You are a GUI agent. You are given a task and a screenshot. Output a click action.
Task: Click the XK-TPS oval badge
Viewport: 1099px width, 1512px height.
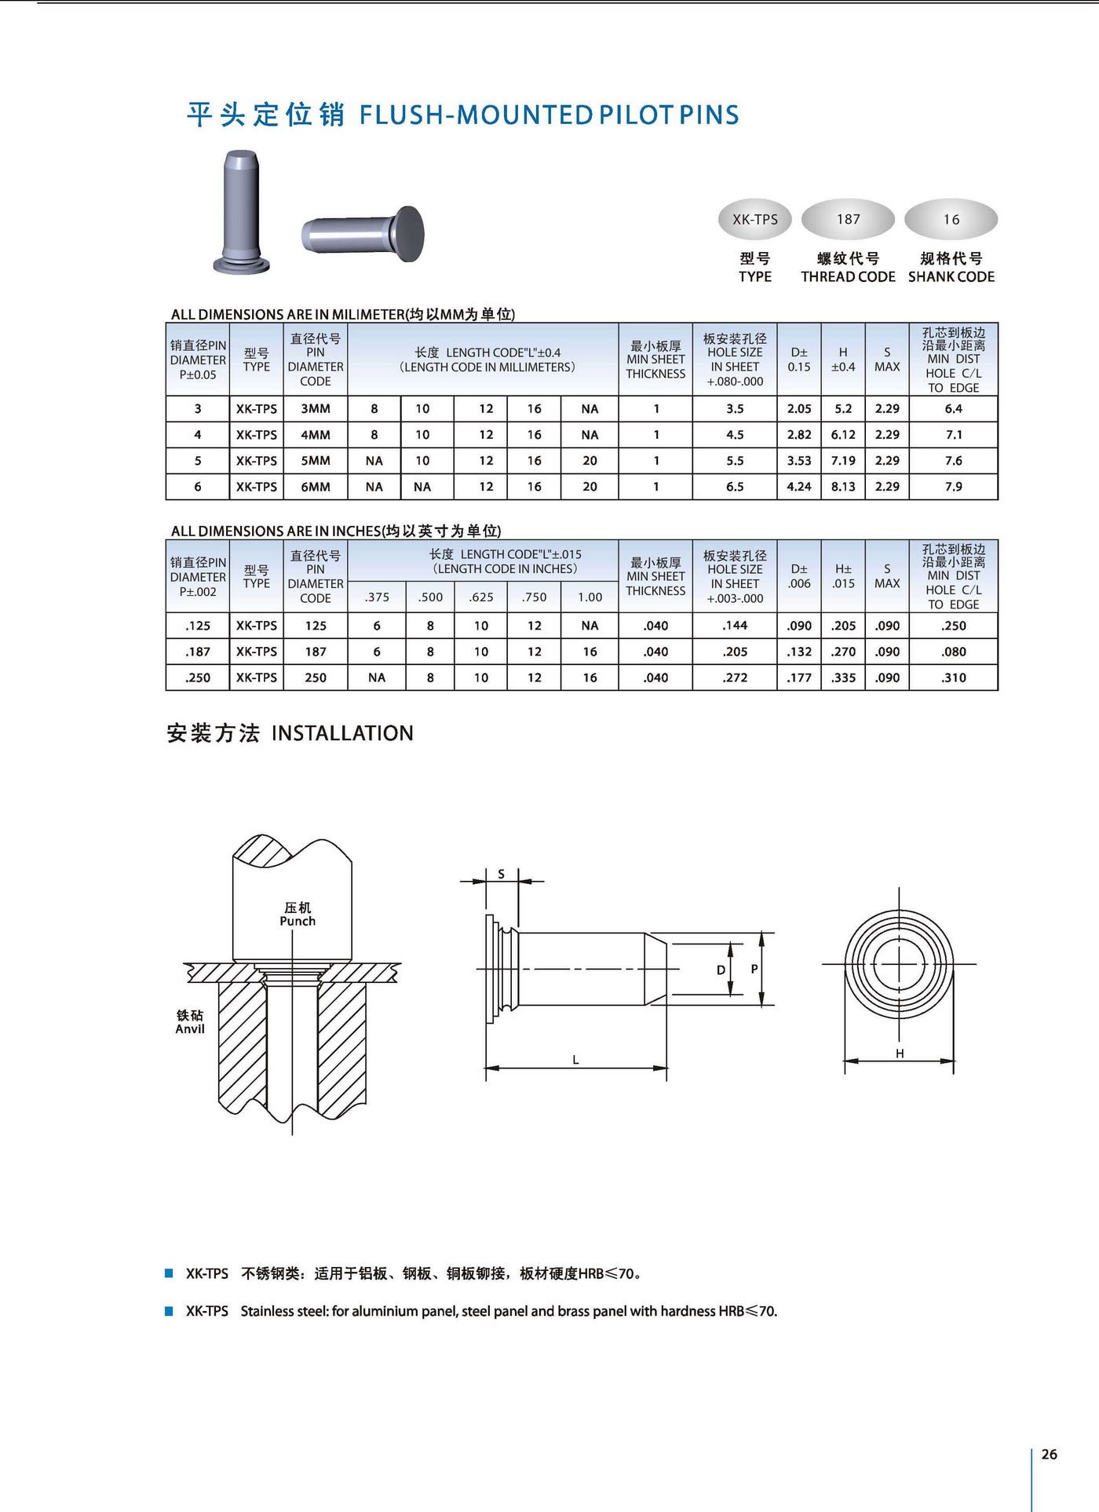(754, 220)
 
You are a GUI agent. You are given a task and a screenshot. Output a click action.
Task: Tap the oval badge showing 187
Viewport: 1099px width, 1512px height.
(848, 219)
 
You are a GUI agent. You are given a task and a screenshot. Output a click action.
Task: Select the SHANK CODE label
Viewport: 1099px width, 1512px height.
(951, 277)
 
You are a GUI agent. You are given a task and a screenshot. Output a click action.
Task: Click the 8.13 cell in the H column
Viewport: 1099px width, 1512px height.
(843, 487)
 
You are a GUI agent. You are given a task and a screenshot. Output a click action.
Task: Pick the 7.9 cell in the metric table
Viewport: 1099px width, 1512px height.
(953, 487)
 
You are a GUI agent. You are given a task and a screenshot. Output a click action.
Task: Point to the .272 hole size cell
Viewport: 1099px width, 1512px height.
(735, 677)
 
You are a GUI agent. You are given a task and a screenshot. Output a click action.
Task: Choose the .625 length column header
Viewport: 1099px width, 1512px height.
(481, 597)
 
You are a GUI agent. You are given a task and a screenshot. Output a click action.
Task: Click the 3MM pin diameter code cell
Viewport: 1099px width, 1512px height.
(316, 409)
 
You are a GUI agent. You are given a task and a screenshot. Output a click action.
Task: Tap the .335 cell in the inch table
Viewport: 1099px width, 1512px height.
(843, 677)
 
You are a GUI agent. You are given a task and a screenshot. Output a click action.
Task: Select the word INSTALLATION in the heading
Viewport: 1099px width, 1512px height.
(342, 733)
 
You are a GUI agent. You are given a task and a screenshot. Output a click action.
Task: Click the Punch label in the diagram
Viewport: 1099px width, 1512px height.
(298, 922)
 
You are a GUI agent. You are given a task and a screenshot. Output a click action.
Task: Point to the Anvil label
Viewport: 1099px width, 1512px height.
(190, 1029)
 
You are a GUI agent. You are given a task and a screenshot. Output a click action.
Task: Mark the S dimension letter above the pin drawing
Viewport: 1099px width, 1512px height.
(502, 874)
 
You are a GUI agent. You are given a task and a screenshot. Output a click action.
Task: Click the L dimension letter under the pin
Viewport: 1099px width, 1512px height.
(575, 1060)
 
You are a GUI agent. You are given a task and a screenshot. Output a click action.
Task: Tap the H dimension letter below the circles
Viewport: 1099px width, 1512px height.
(900, 1054)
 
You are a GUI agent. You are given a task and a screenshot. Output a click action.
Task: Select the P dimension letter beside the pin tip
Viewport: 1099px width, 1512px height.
(754, 969)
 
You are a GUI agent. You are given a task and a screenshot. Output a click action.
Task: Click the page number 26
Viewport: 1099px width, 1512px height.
(1049, 1455)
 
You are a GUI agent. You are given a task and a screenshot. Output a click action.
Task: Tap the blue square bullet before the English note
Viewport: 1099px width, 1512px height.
(169, 1311)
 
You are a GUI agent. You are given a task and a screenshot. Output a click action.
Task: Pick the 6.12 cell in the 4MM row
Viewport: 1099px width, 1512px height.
(843, 435)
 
